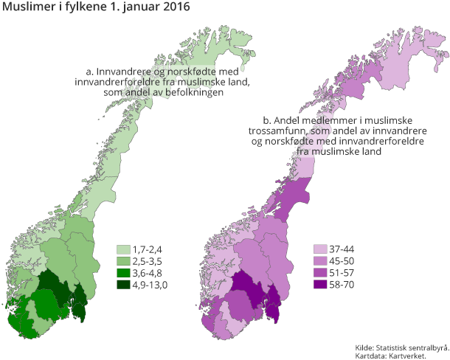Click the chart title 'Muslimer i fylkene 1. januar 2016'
coord(96,8)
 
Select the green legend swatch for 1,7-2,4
coord(123,249)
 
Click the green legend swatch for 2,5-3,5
coord(123,261)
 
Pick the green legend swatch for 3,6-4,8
coord(123,273)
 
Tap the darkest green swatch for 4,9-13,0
coord(123,285)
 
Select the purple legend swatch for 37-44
coord(320,249)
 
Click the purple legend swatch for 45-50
coord(320,261)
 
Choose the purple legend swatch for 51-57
coord(320,273)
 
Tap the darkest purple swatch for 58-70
coord(320,285)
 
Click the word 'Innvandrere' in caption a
coord(122,72)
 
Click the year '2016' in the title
coord(175,8)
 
